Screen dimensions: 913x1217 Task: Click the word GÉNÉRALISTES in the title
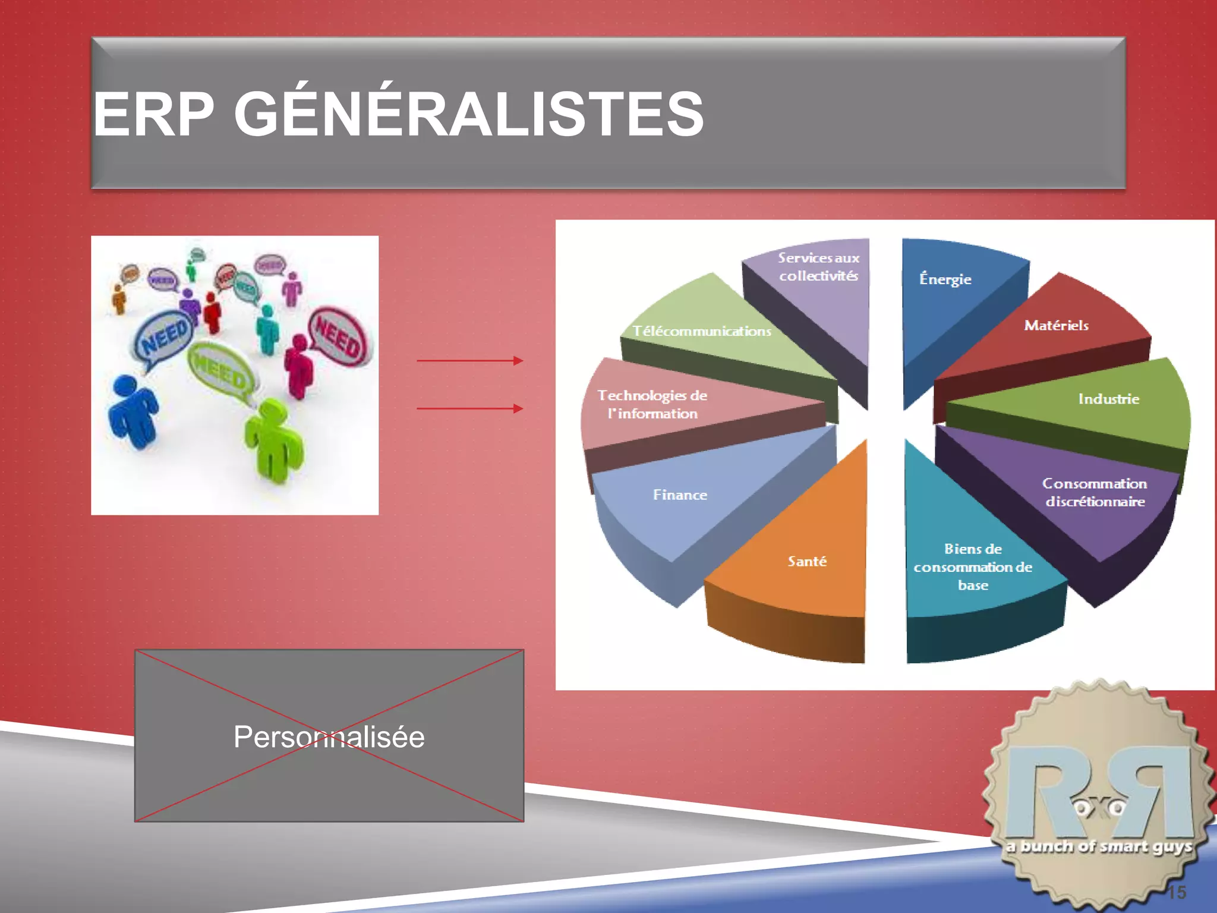[x=469, y=114]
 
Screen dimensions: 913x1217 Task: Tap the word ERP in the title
[x=154, y=114]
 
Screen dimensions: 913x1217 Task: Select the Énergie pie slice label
[x=945, y=279]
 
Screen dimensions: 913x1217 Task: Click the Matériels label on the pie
[x=1056, y=325]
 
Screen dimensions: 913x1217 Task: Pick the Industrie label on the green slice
[x=1108, y=399]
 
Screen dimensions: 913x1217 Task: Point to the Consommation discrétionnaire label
[x=1095, y=492]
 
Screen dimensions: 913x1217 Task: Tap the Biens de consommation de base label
[x=973, y=566]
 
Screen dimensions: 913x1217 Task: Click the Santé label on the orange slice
[x=807, y=561]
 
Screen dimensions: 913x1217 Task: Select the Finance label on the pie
[x=680, y=495]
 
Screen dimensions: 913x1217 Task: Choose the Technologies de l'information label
[x=652, y=404]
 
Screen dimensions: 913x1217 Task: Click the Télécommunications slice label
[x=701, y=331]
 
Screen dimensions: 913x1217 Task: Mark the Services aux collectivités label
[x=818, y=266]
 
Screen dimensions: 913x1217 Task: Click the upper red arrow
[x=469, y=360]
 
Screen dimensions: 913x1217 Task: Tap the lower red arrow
[x=469, y=408]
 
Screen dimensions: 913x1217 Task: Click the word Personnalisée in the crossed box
[x=329, y=737]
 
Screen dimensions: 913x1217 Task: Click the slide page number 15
[x=1176, y=892]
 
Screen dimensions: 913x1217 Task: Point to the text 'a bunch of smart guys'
[x=1099, y=846]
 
